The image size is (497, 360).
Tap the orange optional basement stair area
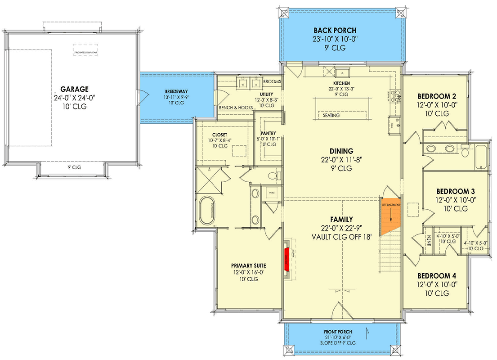tap(390, 216)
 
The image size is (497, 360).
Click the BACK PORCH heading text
tap(335, 31)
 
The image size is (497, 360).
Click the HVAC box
tap(271, 193)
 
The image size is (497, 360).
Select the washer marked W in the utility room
tap(243, 84)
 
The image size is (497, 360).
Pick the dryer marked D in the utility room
tap(256, 84)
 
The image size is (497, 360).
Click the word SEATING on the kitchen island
tap(331, 116)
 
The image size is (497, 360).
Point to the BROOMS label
tap(272, 82)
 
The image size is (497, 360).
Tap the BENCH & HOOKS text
tap(235, 108)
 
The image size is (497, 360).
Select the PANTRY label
tap(268, 134)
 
